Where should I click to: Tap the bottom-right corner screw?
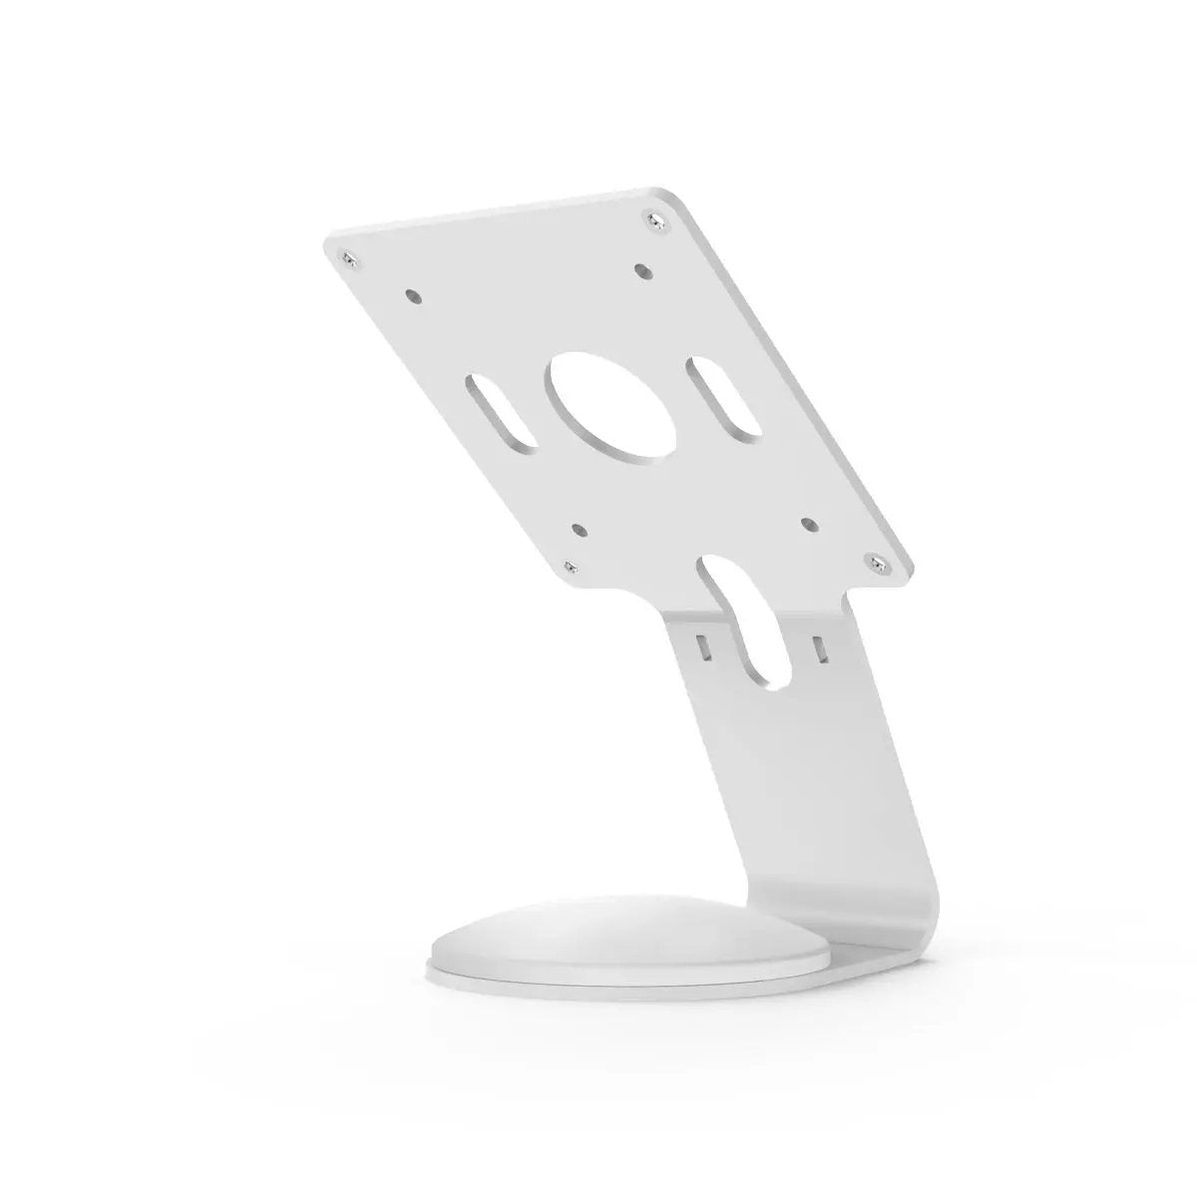[x=878, y=566]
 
